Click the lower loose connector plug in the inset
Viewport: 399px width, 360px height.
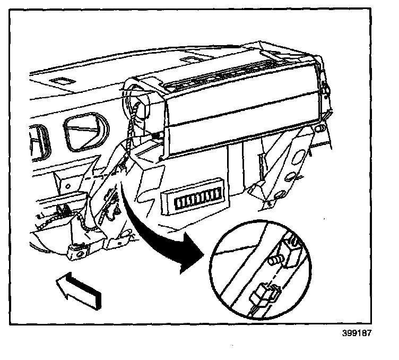(x=264, y=294)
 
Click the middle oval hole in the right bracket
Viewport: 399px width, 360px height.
(x=292, y=175)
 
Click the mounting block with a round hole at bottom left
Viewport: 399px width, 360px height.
(x=79, y=251)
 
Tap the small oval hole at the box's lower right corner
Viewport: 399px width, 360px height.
(x=320, y=128)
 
